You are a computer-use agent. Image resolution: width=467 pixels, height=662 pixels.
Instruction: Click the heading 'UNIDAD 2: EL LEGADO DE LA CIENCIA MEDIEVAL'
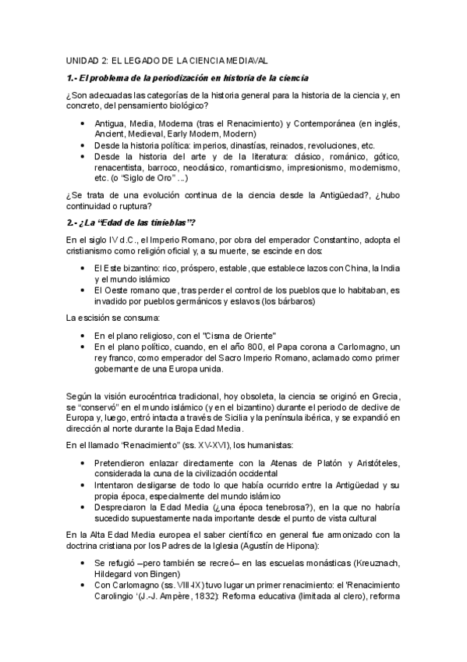[167, 59]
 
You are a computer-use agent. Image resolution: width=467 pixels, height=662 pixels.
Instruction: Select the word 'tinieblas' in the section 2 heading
[171, 223]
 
